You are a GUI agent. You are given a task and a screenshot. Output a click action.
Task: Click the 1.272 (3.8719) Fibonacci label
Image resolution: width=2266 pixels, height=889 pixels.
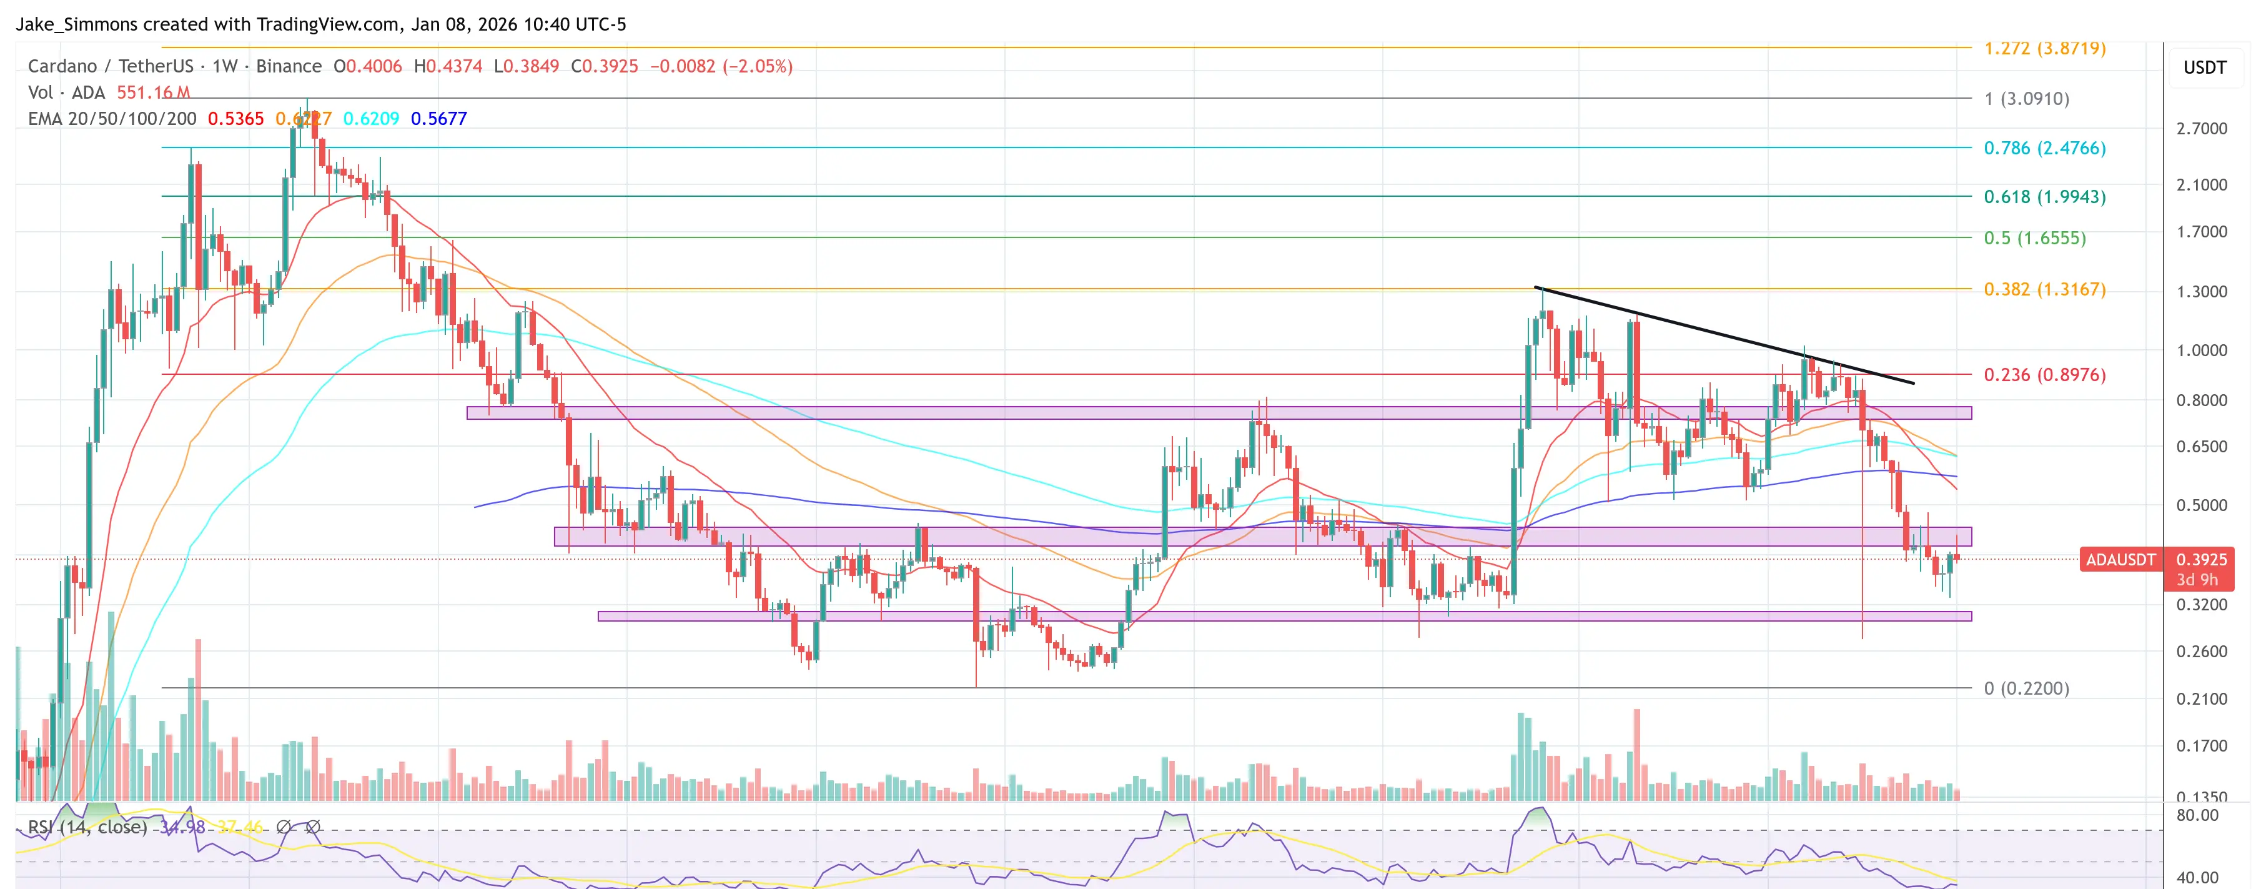[x=2044, y=48]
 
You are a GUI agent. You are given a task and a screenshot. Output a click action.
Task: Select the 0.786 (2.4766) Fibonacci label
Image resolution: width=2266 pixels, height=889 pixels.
[x=2044, y=148]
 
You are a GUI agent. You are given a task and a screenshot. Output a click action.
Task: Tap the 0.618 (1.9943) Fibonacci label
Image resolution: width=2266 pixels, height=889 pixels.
[x=2044, y=196]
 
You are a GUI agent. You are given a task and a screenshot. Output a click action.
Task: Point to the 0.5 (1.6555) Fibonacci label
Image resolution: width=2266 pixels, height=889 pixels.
[x=2034, y=237]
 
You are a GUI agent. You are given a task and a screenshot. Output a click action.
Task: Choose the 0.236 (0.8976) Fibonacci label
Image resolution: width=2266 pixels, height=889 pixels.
[x=2044, y=374]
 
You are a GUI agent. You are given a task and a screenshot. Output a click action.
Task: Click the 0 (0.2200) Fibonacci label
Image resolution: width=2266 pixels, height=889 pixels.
[x=2026, y=688]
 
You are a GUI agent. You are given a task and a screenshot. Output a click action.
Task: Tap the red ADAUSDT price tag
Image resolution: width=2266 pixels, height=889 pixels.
[x=2120, y=560]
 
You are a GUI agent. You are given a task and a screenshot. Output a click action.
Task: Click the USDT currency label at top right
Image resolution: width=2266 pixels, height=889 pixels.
[x=2204, y=67]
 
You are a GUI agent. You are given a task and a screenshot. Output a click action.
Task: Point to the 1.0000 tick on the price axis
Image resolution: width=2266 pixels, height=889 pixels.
[x=2201, y=350]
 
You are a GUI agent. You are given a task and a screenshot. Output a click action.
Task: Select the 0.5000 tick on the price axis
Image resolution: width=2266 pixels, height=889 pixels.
[x=2201, y=505]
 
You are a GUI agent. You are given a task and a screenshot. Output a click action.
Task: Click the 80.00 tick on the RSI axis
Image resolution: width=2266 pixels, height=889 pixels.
[x=2197, y=815]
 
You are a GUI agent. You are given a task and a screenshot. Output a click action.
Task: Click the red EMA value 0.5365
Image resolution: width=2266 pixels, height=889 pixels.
[x=235, y=119]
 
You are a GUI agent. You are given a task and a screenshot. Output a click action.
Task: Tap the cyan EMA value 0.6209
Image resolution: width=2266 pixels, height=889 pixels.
[x=370, y=119]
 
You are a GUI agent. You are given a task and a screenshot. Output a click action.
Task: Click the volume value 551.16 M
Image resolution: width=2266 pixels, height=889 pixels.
[x=153, y=92]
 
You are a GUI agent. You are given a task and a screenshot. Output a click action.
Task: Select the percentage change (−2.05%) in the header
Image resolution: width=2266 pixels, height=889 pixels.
[x=758, y=66]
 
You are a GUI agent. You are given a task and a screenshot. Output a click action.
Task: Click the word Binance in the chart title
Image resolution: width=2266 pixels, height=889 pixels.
[x=289, y=66]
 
